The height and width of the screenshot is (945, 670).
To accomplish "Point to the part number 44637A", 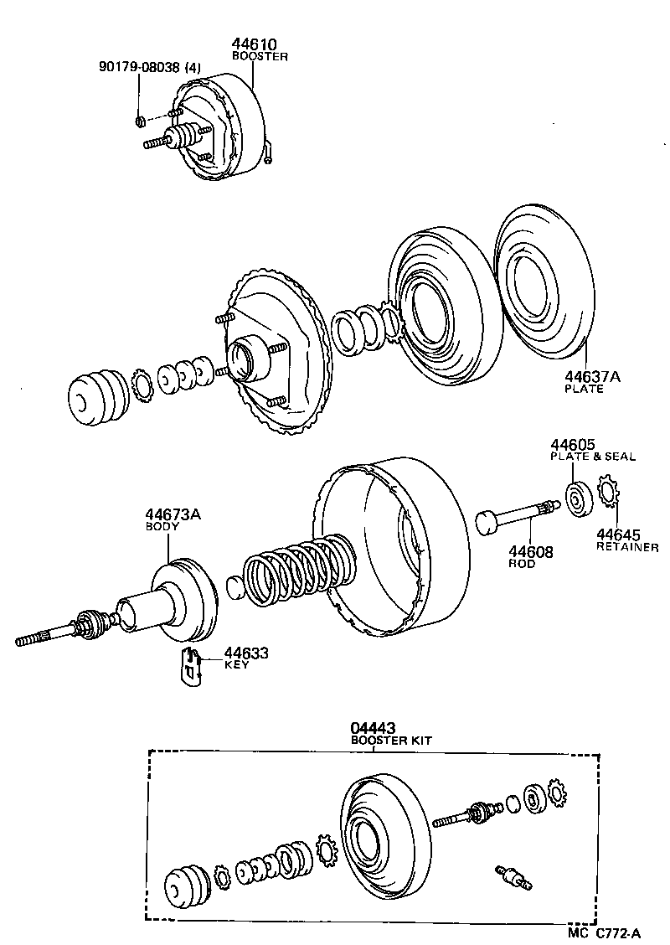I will click(x=592, y=377).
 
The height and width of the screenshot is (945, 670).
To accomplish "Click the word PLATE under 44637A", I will click(x=583, y=390).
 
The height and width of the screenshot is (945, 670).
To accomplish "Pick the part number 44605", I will click(x=572, y=444).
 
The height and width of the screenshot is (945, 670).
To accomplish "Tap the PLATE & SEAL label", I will click(x=592, y=457).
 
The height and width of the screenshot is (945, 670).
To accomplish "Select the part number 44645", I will click(x=618, y=534).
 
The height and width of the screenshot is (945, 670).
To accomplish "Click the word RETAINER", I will click(x=626, y=547).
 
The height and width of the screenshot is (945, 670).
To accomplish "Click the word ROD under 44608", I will click(x=522, y=564).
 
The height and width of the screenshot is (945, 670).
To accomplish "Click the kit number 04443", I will click(x=373, y=729).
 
